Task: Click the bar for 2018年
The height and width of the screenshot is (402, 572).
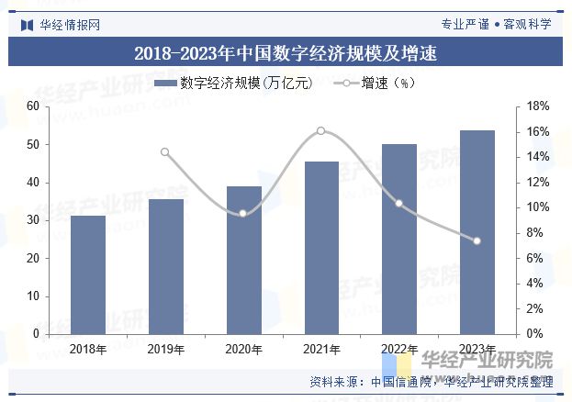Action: [88, 274]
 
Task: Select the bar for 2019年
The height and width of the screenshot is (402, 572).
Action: [166, 266]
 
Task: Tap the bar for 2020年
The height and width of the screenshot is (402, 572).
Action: [243, 260]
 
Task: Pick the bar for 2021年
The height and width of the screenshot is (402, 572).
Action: [321, 247]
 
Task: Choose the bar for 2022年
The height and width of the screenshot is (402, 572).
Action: [399, 239]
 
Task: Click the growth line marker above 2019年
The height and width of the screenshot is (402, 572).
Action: [165, 152]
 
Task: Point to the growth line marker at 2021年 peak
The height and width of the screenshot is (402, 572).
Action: [321, 130]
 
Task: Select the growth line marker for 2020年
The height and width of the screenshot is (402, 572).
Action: [243, 214]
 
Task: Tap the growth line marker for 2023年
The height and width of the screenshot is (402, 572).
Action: [477, 240]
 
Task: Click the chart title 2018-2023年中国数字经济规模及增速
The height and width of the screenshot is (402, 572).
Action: [286, 53]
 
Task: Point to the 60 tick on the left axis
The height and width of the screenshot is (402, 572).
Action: [33, 106]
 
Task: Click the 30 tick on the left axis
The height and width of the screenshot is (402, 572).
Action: [33, 220]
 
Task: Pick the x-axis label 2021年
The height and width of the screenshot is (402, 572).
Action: [321, 350]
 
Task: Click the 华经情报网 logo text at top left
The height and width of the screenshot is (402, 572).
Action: [70, 24]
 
